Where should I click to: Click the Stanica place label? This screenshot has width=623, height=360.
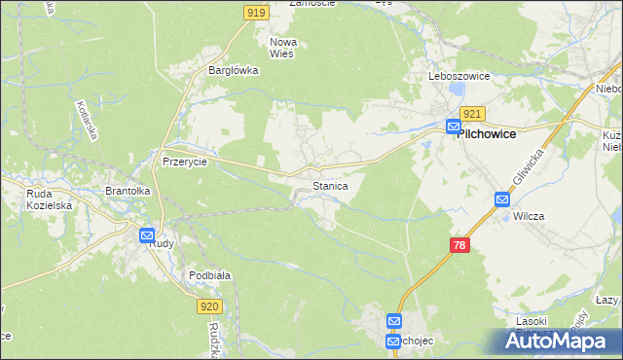coord(330,185)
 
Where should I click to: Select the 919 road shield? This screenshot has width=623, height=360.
coord(255,12)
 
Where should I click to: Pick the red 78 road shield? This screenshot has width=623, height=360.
coord(459,245)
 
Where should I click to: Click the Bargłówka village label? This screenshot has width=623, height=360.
coord(233,70)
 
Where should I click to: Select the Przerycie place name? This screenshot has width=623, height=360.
coord(185,162)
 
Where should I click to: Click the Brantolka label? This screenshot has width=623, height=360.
coord(128,192)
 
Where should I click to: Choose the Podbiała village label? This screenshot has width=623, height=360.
coord(209,275)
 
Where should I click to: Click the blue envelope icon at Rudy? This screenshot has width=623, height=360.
coord(147,234)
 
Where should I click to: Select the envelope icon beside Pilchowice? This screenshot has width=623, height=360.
coord(454,126)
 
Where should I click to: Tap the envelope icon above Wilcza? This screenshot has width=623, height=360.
coord(502,199)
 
